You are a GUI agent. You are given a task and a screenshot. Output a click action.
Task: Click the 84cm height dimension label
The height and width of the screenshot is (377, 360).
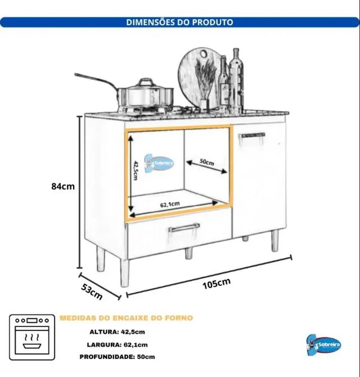[x=63, y=186]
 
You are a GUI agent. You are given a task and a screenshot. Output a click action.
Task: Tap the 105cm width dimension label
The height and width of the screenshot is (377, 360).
[x=217, y=284]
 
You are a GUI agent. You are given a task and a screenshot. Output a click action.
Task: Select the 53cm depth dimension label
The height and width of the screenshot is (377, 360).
[x=92, y=291]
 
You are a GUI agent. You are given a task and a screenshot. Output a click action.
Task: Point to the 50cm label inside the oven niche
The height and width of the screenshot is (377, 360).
[x=207, y=162]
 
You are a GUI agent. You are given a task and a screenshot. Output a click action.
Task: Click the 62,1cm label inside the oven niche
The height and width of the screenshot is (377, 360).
[x=170, y=204]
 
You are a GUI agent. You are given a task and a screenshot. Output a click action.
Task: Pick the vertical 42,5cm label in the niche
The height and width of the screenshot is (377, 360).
[x=136, y=170]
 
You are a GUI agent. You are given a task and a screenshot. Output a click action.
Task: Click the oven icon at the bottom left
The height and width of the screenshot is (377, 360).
[x=32, y=337]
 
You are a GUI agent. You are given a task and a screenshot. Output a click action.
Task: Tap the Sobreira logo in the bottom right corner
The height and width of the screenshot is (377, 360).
[x=323, y=345]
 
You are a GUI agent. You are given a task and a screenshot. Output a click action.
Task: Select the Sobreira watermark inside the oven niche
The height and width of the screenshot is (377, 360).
[x=159, y=163]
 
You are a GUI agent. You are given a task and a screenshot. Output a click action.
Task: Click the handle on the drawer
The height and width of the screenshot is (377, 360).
[x=184, y=227]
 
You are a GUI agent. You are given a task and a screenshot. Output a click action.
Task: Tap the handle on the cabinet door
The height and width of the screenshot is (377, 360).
[x=252, y=137]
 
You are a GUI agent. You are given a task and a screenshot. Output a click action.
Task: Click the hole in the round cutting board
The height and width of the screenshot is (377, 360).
[x=204, y=53]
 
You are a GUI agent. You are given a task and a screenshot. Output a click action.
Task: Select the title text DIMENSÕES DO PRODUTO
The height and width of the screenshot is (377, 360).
[x=180, y=22]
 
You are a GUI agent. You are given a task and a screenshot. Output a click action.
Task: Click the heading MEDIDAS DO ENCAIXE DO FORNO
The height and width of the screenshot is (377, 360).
[x=126, y=318]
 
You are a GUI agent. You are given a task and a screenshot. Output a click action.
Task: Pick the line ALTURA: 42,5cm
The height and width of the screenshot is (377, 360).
[x=117, y=332]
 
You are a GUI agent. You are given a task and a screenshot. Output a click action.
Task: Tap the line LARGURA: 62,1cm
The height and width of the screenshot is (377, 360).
[x=117, y=345]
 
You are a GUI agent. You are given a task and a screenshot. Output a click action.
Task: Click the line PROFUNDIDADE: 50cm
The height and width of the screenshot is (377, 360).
[x=117, y=357]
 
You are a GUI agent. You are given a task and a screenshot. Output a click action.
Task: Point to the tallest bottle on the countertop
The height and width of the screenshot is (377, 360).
[x=236, y=81]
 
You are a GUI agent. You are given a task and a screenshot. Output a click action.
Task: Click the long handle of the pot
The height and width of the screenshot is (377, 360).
[x=96, y=82]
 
